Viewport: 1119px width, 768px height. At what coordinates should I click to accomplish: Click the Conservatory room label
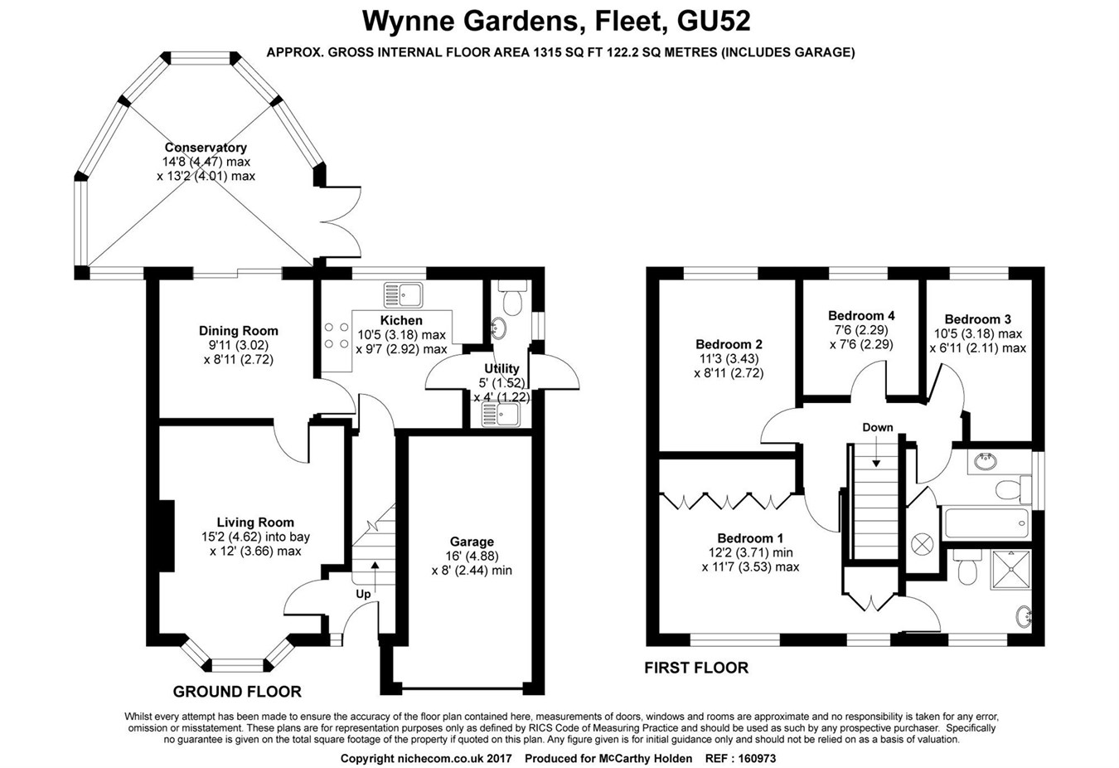pos(206,148)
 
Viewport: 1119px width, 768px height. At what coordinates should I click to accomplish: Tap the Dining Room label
pos(238,331)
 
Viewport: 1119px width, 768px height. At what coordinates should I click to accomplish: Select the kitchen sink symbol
pos(403,294)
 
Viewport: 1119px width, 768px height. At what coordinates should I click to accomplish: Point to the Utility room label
pos(501,368)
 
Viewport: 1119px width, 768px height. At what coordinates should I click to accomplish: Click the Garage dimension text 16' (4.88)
pos(472,556)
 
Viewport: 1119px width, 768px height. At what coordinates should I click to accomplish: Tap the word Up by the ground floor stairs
pos(363,594)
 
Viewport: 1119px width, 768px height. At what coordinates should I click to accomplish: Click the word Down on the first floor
pos(877,428)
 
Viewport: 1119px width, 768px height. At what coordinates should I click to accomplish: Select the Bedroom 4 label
pos(861,315)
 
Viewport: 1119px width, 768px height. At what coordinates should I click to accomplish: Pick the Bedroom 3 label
pos(977,319)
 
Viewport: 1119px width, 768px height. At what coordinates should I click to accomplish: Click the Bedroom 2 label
pos(729,344)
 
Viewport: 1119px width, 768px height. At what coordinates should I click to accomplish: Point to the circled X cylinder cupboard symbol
pos(922,544)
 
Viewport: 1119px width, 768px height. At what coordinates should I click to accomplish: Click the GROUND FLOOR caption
pos(237,692)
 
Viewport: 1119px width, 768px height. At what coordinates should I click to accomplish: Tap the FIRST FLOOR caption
pos(696,668)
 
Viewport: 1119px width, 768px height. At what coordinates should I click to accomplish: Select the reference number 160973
pos(752,758)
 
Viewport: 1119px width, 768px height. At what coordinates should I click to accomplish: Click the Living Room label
pos(255,523)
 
